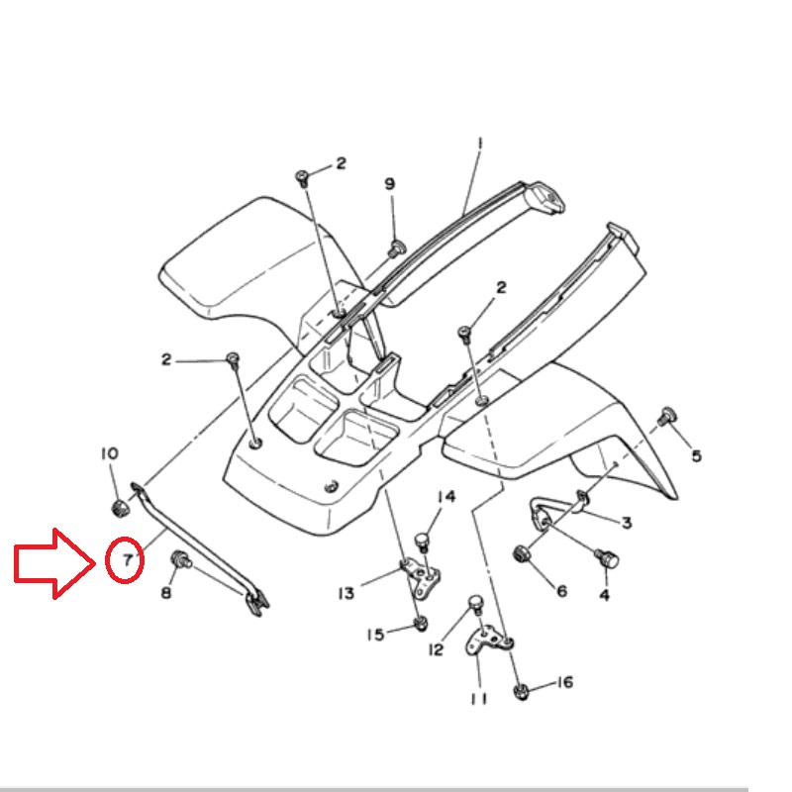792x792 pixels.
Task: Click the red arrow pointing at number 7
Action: [x=54, y=562]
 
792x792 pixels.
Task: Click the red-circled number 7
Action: [x=127, y=559]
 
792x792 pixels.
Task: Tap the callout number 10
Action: [x=110, y=453]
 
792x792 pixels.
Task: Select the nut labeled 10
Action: [x=120, y=508]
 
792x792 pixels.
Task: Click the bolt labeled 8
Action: [x=181, y=559]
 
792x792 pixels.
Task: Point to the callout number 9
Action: [x=389, y=183]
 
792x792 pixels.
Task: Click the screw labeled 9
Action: [x=398, y=248]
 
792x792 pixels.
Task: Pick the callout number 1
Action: [x=480, y=144]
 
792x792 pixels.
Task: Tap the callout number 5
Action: [x=697, y=455]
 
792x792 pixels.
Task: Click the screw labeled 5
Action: [x=667, y=416]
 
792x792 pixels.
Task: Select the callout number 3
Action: [x=627, y=523]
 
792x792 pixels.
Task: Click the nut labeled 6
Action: [x=521, y=553]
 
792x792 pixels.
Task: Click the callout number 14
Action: [x=446, y=497]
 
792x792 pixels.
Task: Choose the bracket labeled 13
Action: [x=422, y=578]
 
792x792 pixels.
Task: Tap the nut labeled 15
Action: [x=420, y=624]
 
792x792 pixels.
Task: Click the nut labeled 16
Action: [x=522, y=691]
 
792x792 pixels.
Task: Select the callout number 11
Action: [x=479, y=699]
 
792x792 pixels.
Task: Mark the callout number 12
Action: [x=436, y=649]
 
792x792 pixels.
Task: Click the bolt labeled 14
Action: [x=423, y=542]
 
